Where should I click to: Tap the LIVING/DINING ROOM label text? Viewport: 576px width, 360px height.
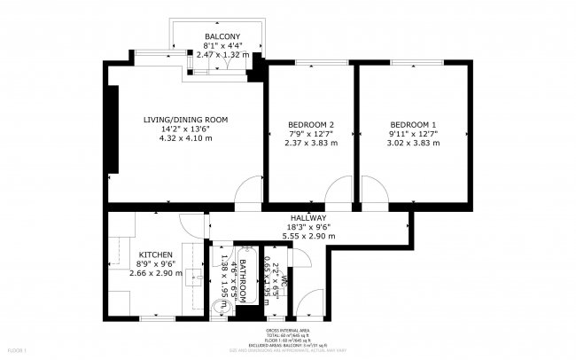186,120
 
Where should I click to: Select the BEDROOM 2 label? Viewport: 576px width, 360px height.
311,124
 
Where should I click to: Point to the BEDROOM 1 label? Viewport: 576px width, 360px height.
413,124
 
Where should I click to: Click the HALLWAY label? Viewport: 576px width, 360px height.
308,218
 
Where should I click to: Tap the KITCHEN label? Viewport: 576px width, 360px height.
156,254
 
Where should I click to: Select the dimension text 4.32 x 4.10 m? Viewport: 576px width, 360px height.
186,138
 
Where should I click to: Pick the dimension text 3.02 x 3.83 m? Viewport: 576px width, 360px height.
413,143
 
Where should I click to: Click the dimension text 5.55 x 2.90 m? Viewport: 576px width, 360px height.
308,237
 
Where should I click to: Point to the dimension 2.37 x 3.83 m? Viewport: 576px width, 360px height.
311,143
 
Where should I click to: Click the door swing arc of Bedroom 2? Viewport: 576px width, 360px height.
338,191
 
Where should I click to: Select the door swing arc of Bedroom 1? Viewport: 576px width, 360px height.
373,191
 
